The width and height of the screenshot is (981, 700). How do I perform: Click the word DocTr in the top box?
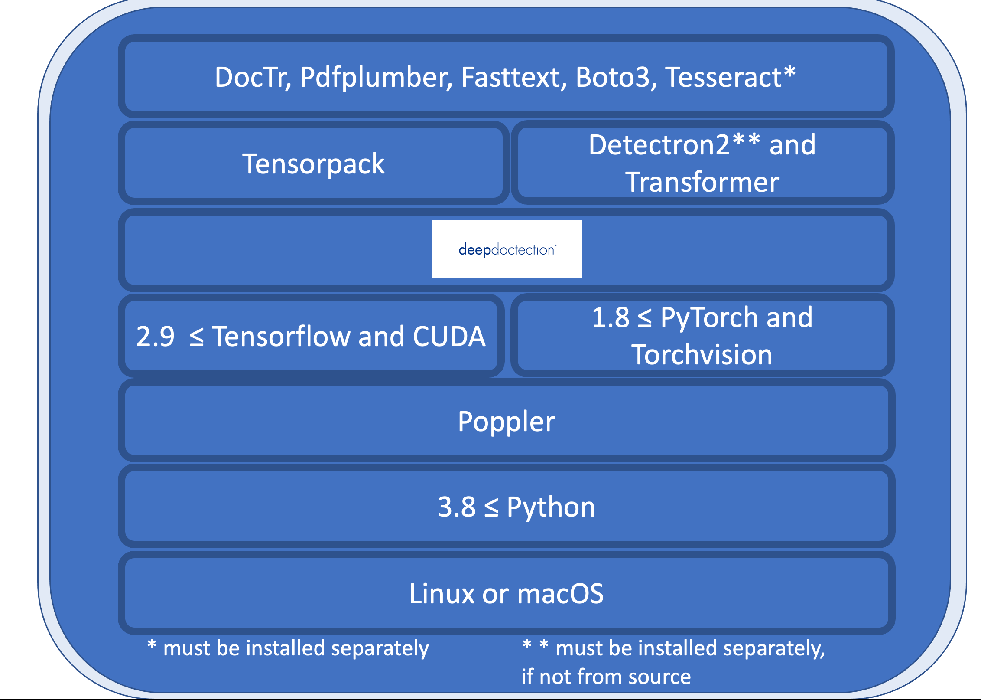(252, 77)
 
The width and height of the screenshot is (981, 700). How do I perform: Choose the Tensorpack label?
(313, 164)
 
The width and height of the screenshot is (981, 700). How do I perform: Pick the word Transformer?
(702, 182)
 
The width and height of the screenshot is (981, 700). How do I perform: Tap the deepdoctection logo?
(507, 249)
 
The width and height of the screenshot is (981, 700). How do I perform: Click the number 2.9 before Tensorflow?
(155, 337)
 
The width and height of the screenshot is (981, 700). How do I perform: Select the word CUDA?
(449, 337)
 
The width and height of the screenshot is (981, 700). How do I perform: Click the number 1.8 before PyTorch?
(611, 317)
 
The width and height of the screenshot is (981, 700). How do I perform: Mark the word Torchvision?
(702, 355)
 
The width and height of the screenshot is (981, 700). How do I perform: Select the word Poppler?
(506, 422)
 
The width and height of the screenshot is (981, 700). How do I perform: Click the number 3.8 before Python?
(457, 507)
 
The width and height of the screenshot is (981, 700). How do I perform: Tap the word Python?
(551, 507)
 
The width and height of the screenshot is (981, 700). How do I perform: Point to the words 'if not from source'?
(606, 677)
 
